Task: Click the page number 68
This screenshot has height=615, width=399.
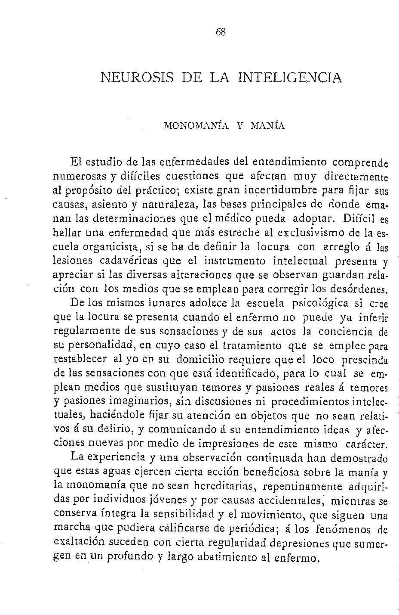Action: tap(221, 32)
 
